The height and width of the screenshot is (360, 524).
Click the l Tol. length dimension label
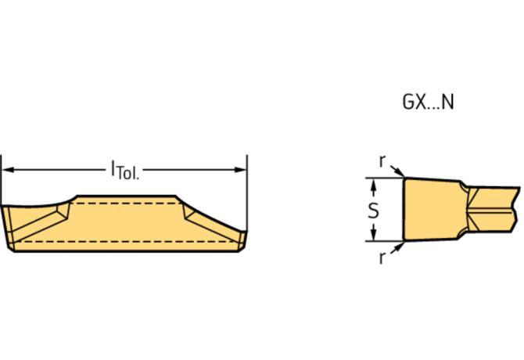[124, 168]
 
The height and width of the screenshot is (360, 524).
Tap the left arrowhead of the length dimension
[8, 168]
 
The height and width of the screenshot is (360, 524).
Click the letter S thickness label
[374, 210]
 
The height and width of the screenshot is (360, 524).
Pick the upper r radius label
[382, 160]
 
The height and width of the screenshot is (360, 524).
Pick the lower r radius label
[382, 258]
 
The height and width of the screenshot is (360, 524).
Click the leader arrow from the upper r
[397, 171]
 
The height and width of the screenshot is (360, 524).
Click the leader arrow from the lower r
[397, 247]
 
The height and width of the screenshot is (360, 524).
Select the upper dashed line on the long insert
[125, 203]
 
